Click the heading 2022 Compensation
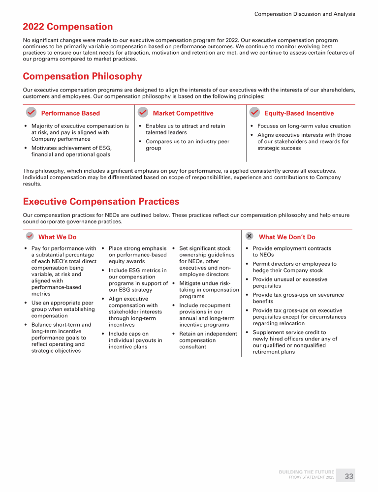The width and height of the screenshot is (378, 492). click(x=68, y=27)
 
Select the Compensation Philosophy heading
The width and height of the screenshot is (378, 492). click(x=82, y=76)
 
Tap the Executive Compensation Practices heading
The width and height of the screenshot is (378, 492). click(x=101, y=202)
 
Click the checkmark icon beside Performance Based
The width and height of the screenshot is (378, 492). click(x=31, y=113)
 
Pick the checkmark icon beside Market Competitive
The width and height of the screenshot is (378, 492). click(x=143, y=113)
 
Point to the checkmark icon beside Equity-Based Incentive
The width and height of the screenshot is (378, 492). click(x=255, y=113)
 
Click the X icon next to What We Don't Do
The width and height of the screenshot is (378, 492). click(x=250, y=236)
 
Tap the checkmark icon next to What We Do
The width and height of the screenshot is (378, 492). click(x=30, y=236)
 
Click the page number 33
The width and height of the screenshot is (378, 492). click(x=349, y=476)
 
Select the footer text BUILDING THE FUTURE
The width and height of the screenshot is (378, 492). click(x=306, y=472)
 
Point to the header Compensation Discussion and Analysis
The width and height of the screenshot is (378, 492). click(x=304, y=14)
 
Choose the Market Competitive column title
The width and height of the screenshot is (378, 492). click(x=183, y=113)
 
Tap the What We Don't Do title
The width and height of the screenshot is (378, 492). click(x=287, y=237)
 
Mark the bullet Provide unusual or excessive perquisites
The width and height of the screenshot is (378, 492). click(x=289, y=282)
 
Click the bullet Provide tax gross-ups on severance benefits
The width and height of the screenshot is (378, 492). click(x=298, y=298)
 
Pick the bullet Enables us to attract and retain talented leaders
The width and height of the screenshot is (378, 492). click(x=185, y=129)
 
